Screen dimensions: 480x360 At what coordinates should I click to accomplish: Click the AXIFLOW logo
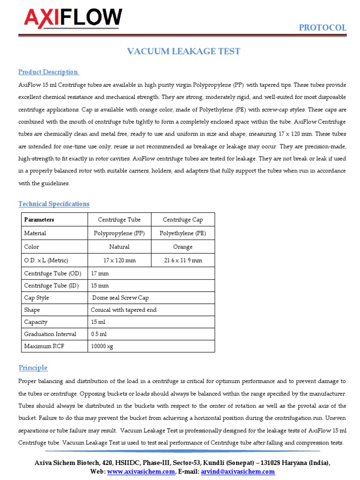click(73, 18)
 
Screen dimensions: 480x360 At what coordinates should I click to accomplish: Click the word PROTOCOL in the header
click(322, 28)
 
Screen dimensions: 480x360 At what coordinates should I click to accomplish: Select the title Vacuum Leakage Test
click(184, 52)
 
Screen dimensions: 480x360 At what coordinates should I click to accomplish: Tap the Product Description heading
click(48, 72)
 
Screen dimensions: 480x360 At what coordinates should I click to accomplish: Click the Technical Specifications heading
click(54, 204)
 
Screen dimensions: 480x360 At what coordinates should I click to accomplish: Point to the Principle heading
click(33, 367)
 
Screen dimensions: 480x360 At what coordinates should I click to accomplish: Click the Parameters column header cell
click(39, 219)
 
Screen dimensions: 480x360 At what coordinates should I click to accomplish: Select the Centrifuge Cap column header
click(183, 219)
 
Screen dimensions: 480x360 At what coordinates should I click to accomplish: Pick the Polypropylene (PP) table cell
click(119, 233)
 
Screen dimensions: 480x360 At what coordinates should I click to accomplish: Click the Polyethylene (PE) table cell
click(183, 233)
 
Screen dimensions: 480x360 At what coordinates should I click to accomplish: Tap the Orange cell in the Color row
click(183, 247)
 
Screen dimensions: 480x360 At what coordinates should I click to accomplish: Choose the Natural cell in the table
click(119, 247)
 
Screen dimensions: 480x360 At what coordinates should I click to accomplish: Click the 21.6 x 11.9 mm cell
click(183, 260)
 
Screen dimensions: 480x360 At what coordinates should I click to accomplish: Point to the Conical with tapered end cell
click(124, 310)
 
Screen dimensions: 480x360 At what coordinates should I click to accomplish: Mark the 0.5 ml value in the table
click(99, 334)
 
